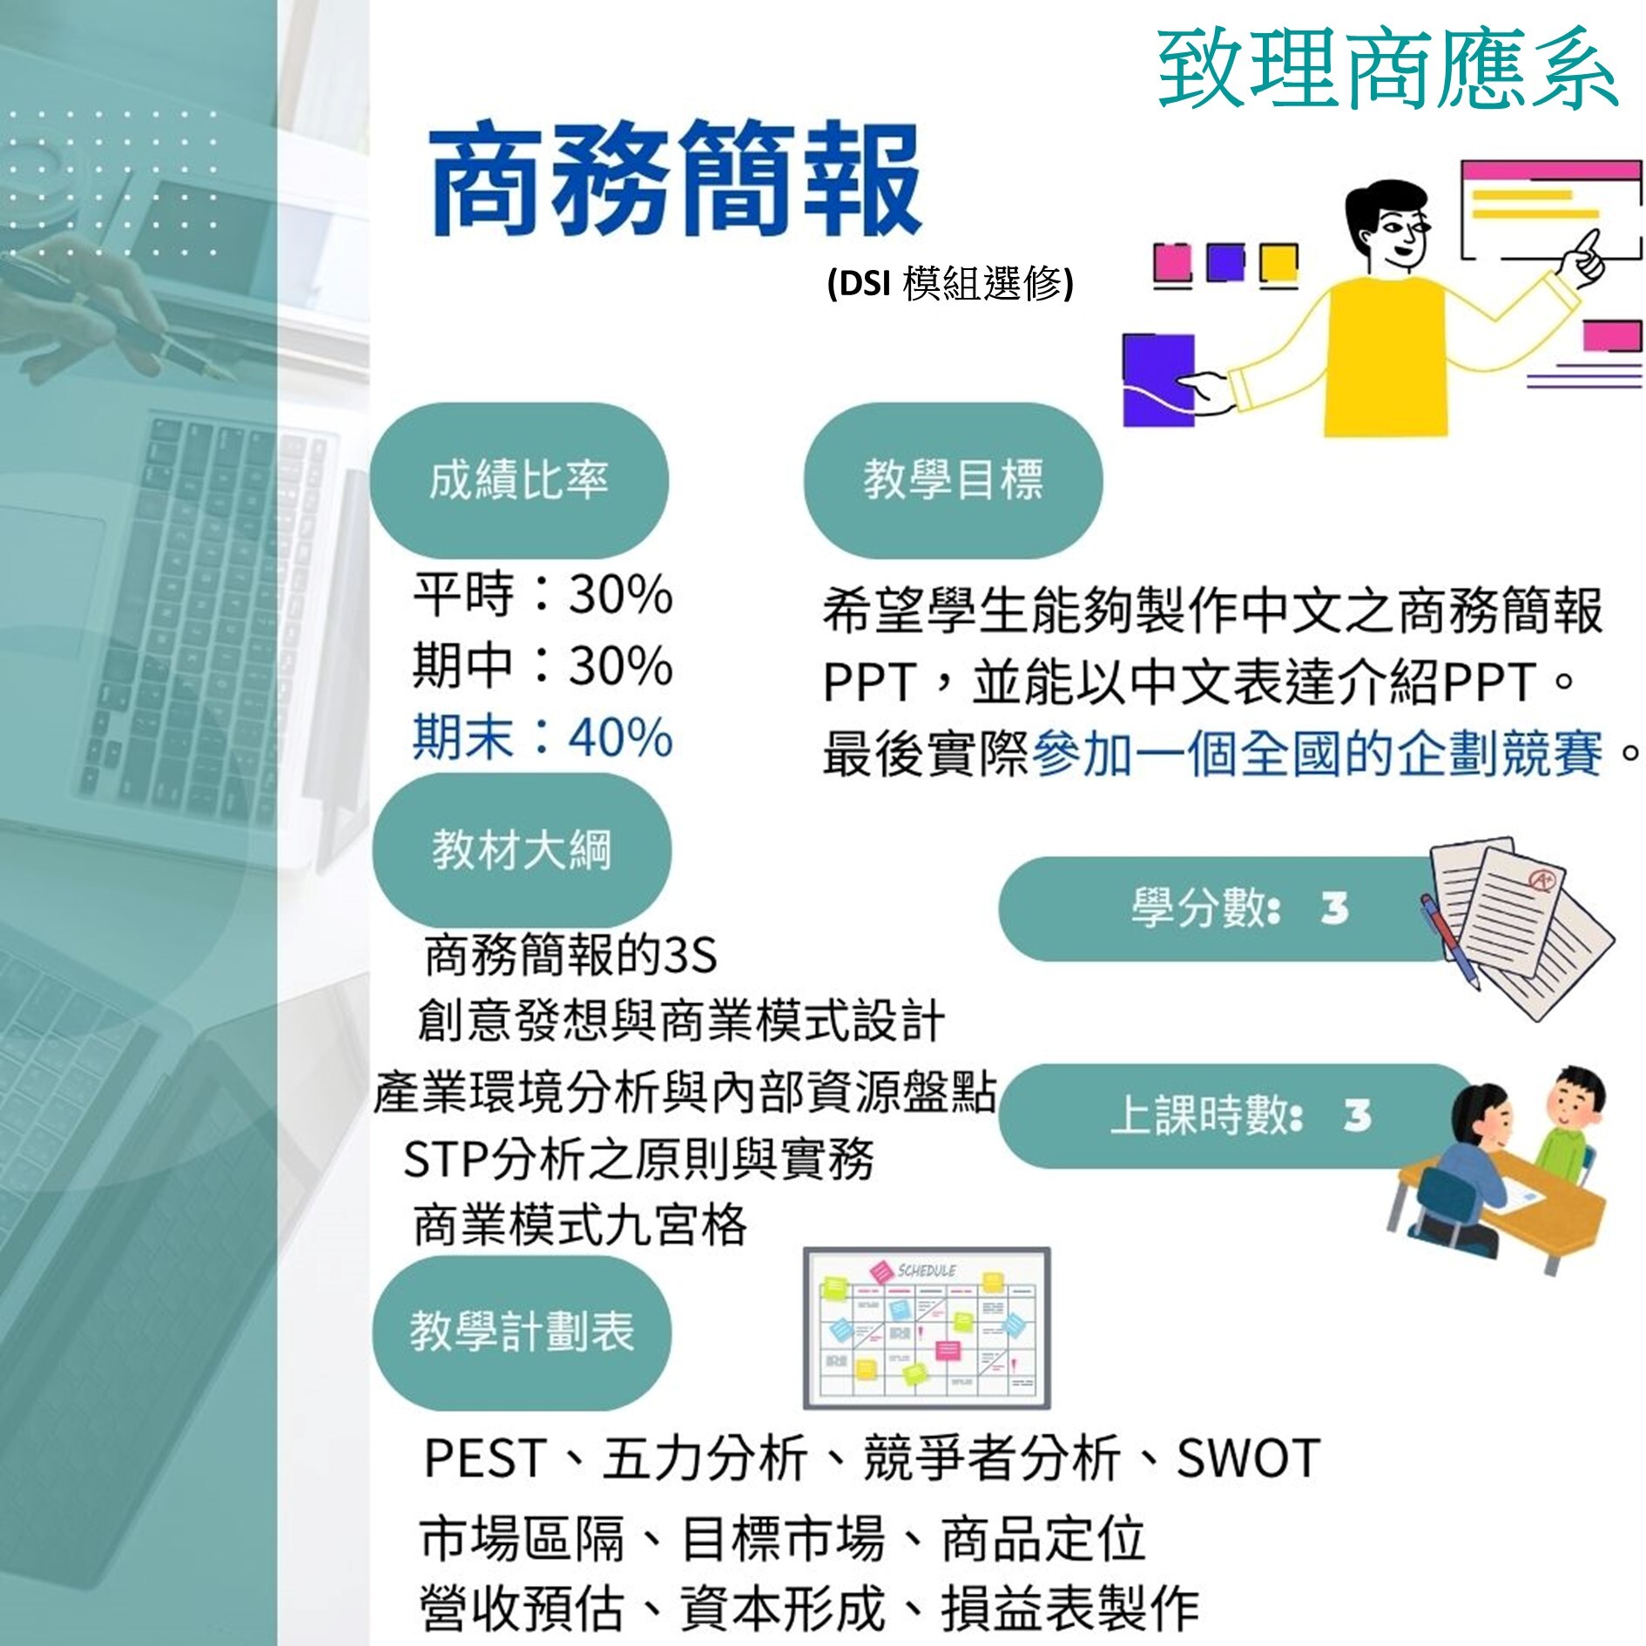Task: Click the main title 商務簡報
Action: (676, 180)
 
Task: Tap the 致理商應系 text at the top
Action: (1387, 70)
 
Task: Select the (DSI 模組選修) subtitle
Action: (950, 283)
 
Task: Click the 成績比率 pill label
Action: (518, 480)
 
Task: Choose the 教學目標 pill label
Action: (953, 480)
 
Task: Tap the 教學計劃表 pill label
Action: (522, 1332)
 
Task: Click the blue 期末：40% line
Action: (543, 737)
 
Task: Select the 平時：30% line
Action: (543, 595)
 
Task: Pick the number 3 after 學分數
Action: (1334, 908)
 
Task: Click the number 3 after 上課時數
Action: (1357, 1116)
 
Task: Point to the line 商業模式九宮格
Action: (580, 1224)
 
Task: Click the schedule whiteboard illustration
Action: (927, 1327)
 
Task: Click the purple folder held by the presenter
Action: (1157, 381)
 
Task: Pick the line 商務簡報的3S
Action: (570, 955)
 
